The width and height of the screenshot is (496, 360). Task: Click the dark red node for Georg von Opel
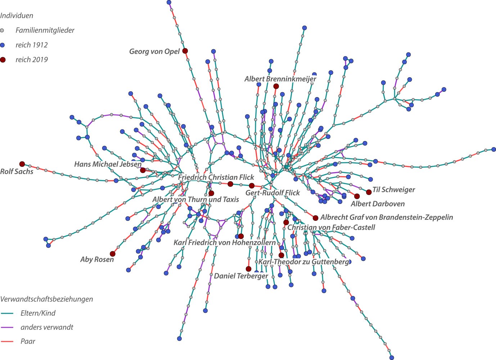185,51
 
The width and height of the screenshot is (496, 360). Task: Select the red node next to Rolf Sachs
22,164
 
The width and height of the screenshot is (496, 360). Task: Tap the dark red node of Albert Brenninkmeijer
276,86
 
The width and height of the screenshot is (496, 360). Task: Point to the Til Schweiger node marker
369,192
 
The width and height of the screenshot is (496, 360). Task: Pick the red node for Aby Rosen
113,254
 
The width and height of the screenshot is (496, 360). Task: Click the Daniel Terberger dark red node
248,269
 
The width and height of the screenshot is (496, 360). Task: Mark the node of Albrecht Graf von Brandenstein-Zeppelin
315,218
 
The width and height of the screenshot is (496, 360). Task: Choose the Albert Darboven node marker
357,196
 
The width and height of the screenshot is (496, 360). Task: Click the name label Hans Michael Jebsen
108,164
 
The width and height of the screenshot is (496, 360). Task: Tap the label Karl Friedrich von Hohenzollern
224,243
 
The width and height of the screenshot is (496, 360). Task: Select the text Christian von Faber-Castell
331,228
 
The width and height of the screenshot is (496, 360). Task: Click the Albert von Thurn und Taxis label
195,200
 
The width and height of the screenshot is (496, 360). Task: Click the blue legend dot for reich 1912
3,45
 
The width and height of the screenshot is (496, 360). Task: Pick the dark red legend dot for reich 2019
3,60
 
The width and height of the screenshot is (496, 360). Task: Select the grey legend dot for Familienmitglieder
3,31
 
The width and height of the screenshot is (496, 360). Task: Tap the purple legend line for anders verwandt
7,328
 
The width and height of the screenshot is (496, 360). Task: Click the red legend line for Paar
7,342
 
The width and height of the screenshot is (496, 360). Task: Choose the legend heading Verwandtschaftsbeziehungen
46,299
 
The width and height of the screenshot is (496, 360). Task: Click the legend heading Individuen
17,16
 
